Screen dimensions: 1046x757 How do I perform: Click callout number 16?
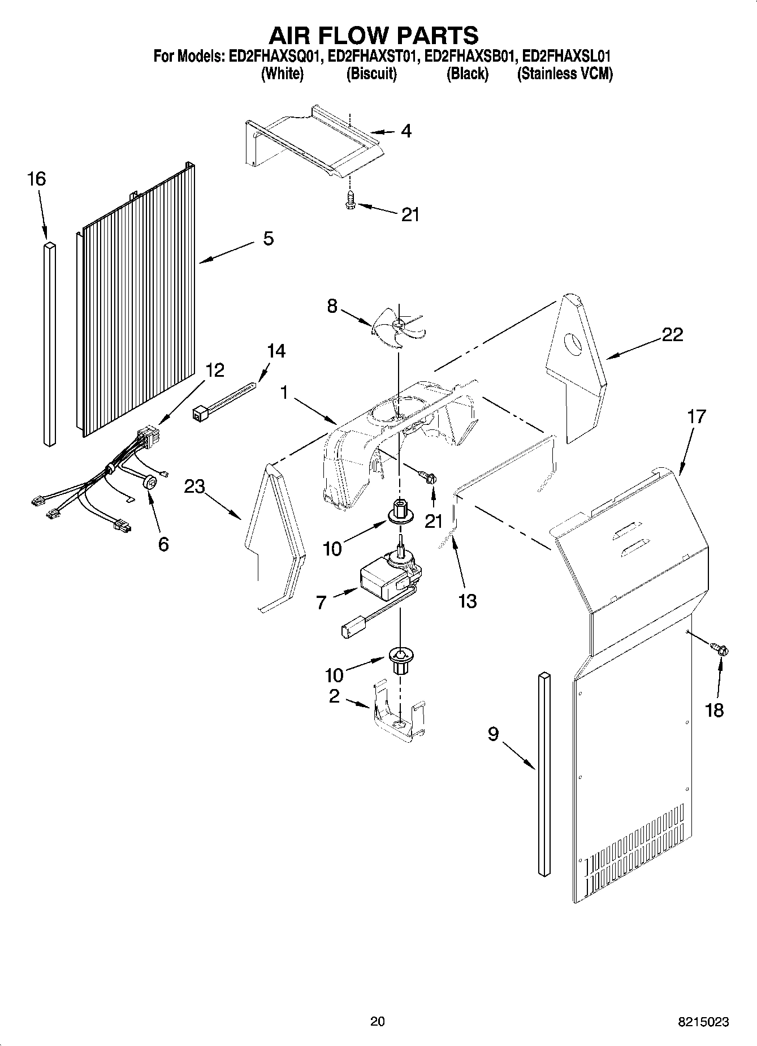click(x=36, y=180)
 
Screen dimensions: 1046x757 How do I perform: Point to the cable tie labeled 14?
click(x=223, y=402)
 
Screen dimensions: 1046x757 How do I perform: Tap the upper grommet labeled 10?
click(x=400, y=510)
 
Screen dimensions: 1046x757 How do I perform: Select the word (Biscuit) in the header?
click(x=371, y=74)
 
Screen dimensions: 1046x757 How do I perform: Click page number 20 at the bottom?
click(x=377, y=1021)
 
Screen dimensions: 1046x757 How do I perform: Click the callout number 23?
click(x=194, y=486)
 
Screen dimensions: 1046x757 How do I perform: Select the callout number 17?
click(x=697, y=417)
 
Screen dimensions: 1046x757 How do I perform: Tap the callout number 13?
click(x=468, y=601)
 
